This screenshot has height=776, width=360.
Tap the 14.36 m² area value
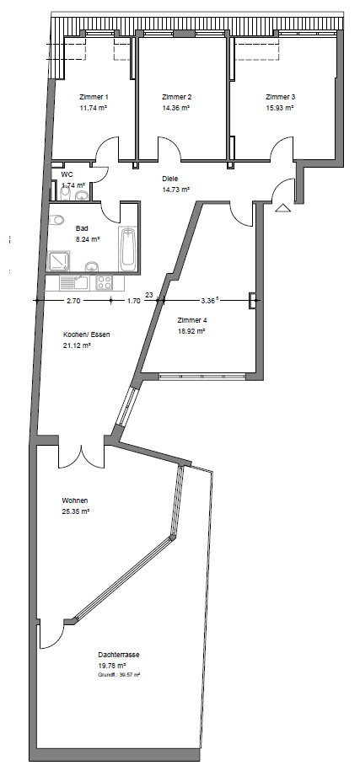[x=176, y=107]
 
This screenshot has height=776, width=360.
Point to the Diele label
[x=169, y=179]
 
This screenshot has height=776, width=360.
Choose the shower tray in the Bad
[x=58, y=261]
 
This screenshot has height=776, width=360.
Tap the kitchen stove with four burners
[x=105, y=282]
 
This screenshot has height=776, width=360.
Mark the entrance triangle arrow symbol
[x=282, y=208]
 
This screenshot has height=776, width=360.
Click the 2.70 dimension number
[x=74, y=301]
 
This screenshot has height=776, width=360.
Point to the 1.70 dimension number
[x=133, y=301]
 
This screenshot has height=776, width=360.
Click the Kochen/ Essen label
[x=87, y=334]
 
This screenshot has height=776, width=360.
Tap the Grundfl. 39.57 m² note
[x=120, y=675]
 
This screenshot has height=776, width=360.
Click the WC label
[x=67, y=175]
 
